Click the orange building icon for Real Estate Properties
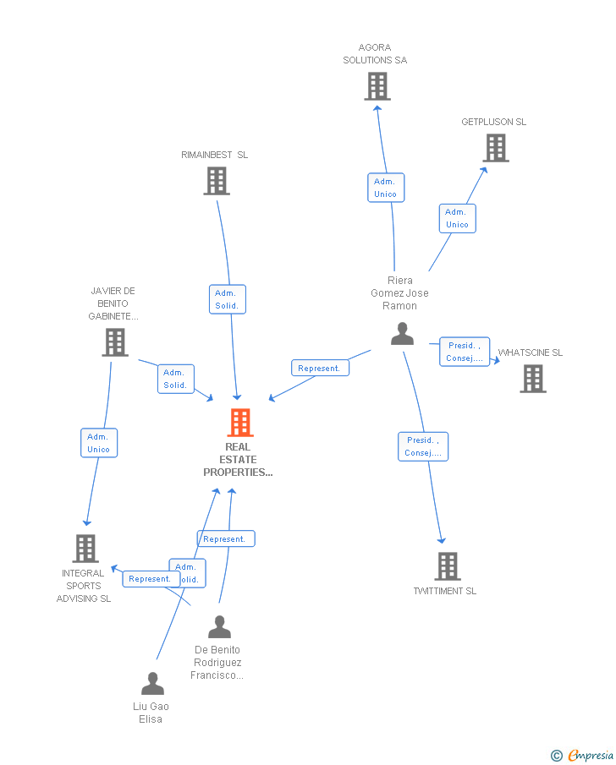click(240, 423)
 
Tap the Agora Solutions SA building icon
click(377, 86)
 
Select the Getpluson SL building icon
click(496, 148)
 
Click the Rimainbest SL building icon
click(217, 180)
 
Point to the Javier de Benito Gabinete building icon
click(115, 342)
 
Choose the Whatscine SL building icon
click(533, 379)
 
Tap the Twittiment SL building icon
click(448, 566)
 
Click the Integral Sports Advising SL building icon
click(85, 549)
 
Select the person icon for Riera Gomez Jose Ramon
click(403, 334)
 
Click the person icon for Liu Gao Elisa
click(152, 683)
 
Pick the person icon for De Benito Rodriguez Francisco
click(219, 627)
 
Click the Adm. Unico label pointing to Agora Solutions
click(385, 188)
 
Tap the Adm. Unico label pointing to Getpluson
click(457, 218)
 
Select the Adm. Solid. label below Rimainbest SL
click(227, 299)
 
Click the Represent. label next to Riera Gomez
click(319, 369)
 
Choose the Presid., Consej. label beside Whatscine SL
click(465, 352)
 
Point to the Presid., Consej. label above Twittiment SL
click(423, 446)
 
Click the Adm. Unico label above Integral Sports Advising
click(99, 443)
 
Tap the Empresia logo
click(583, 755)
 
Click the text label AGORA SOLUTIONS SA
click(375, 54)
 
